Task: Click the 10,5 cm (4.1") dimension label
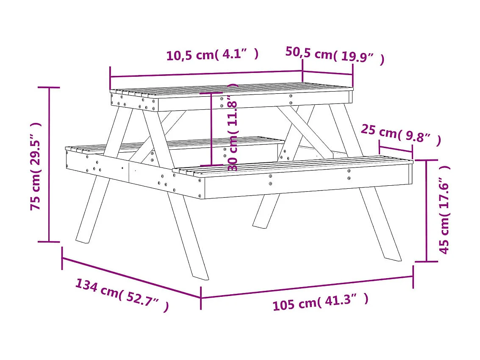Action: coord(212,55)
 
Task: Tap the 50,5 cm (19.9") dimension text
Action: coord(335,55)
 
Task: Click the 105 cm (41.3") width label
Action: coord(320,302)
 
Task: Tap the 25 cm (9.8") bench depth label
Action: coord(400,135)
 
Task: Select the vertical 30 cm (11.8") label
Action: coord(233,127)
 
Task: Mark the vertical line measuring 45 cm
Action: coord(426,211)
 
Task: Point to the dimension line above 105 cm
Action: coord(307,287)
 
